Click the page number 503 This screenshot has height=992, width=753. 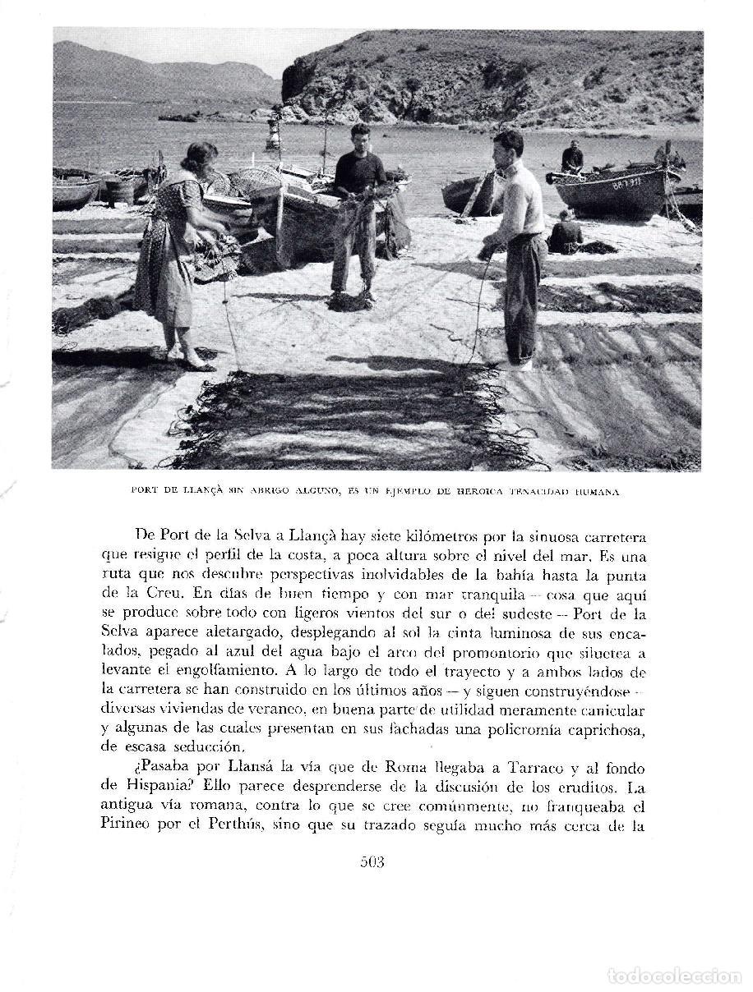(372, 861)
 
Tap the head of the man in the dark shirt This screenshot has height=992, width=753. (360, 136)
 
